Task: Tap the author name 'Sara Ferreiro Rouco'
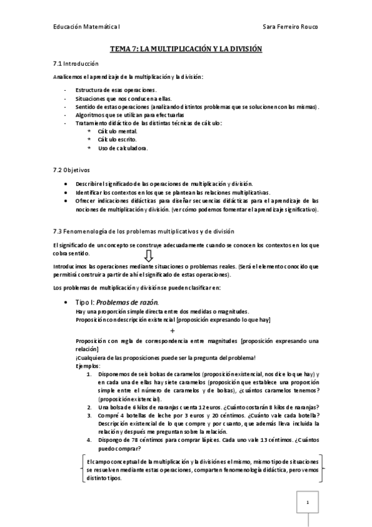click(x=290, y=27)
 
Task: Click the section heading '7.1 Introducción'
click(x=76, y=63)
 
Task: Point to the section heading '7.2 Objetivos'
click(x=72, y=169)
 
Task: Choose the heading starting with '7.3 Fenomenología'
click(x=143, y=231)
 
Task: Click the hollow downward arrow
click(x=148, y=255)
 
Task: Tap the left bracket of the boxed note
click(x=82, y=470)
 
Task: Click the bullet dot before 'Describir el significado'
click(x=67, y=185)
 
